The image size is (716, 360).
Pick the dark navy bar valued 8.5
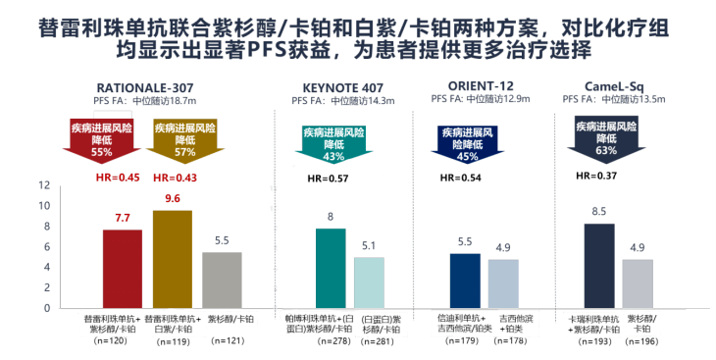[x=599, y=265]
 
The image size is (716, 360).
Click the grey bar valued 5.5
[x=221, y=280]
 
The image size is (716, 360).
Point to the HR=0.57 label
[x=327, y=179]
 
